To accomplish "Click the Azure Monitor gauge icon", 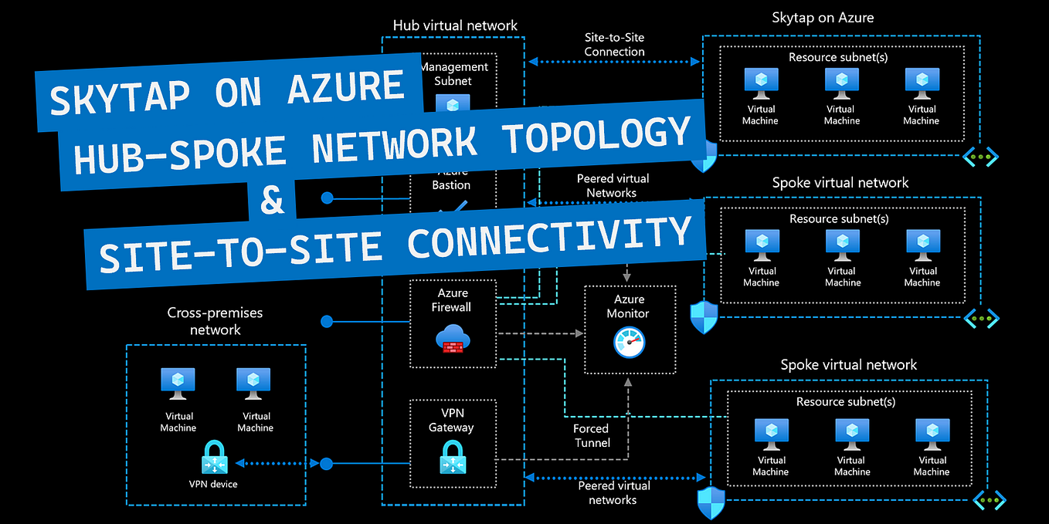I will (x=629, y=343).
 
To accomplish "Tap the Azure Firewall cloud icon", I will (x=453, y=339).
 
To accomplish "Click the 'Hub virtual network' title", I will (x=455, y=25).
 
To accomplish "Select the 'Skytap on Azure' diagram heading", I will (x=823, y=17).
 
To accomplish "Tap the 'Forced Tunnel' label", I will (x=592, y=435).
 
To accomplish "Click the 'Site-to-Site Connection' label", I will (x=614, y=45).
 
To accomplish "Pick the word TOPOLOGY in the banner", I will (x=595, y=136).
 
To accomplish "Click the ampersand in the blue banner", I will (x=272, y=201).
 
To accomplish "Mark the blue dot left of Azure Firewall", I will (x=327, y=320).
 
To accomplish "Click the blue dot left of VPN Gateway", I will (x=327, y=464).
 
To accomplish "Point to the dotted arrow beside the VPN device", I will (x=277, y=463).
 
